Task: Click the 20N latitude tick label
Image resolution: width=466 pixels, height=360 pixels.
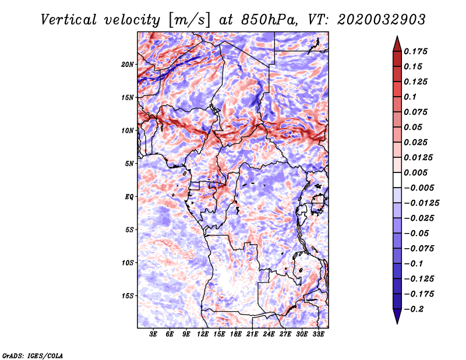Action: (x=128, y=64)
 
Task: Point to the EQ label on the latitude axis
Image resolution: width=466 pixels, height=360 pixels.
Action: (x=129, y=197)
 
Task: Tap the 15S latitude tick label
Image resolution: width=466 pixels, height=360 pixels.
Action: (x=128, y=296)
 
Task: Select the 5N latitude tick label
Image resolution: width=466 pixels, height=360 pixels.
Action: (x=129, y=164)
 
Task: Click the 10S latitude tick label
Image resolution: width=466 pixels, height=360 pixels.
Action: (x=128, y=263)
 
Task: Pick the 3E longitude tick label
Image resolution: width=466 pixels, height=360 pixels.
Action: (x=153, y=334)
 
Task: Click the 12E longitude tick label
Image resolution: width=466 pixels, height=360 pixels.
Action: (x=202, y=334)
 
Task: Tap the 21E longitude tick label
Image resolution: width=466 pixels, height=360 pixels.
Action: (x=252, y=334)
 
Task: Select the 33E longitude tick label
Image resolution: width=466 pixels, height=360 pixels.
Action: (x=318, y=334)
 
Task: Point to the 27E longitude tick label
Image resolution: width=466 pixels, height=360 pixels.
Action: (x=285, y=334)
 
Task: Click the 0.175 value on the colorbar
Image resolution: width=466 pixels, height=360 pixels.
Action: (x=415, y=51)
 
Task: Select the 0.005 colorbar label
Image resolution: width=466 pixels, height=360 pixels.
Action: (x=415, y=172)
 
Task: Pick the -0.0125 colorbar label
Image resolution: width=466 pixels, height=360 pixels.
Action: (x=422, y=203)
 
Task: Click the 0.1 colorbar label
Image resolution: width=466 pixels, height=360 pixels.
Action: (x=410, y=97)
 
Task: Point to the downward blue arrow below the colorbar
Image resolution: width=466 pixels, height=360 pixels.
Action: (x=397, y=316)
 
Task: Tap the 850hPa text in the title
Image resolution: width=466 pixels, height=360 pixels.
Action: (x=269, y=20)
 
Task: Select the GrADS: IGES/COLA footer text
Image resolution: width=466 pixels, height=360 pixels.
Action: (x=33, y=355)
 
